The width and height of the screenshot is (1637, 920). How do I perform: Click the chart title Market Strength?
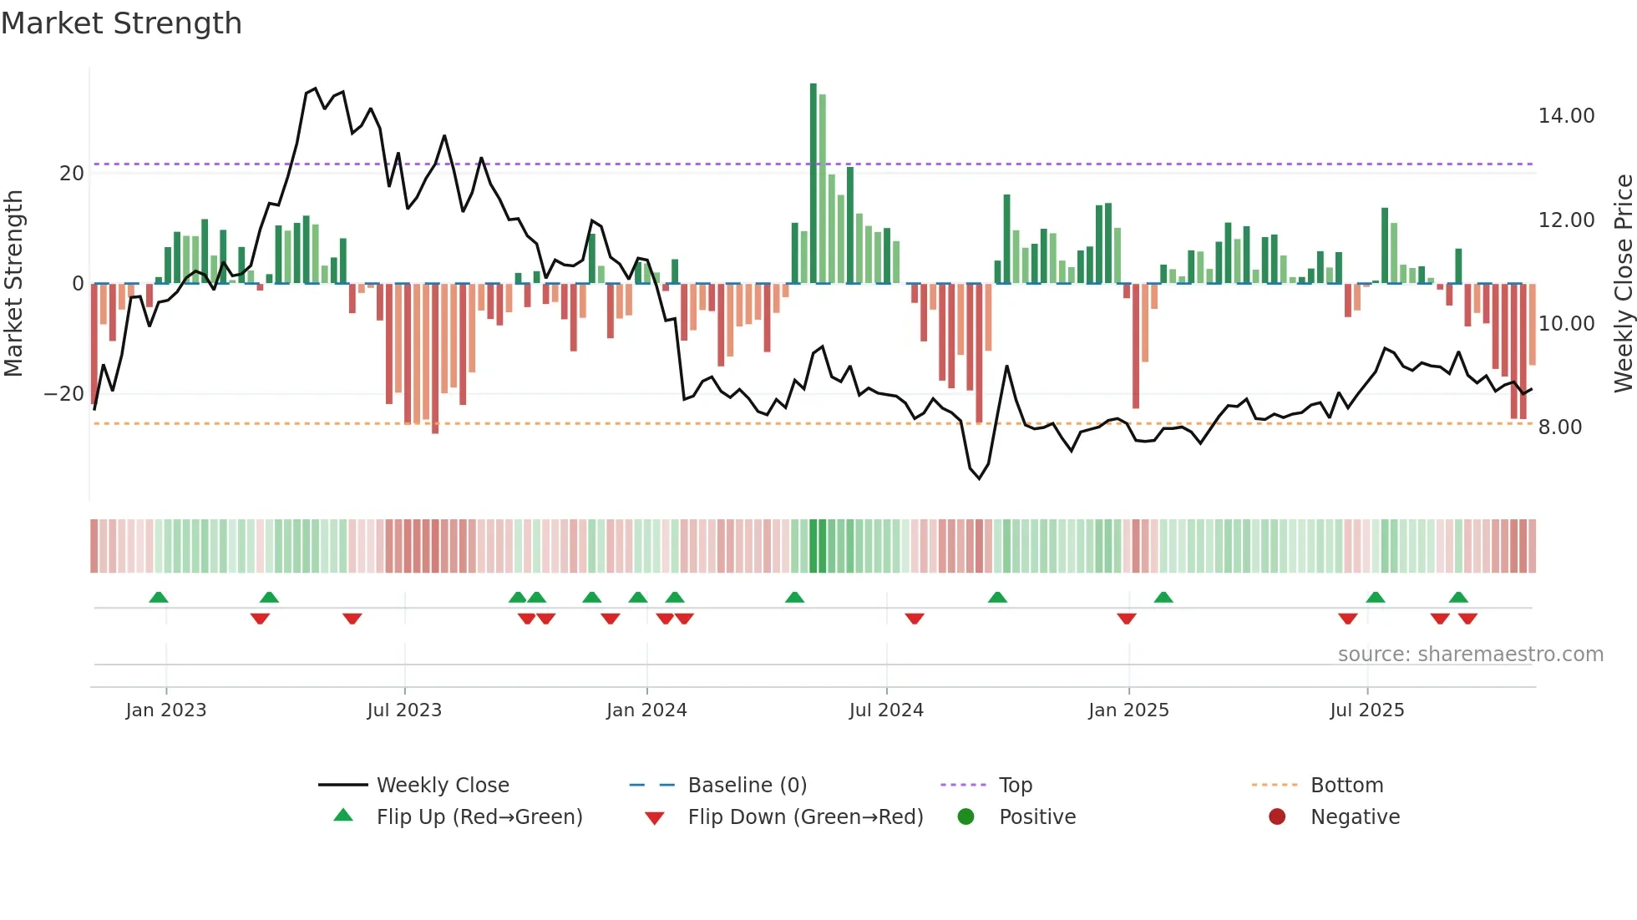[121, 23]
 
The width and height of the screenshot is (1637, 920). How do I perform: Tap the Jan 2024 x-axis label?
[646, 710]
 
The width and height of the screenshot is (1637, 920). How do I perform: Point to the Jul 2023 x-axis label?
[404, 710]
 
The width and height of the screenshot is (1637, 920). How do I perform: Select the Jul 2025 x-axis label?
[1367, 710]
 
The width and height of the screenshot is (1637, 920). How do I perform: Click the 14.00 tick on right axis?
[1566, 116]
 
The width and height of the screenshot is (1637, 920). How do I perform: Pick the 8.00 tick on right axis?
[1559, 427]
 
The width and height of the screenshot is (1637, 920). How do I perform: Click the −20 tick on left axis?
[64, 394]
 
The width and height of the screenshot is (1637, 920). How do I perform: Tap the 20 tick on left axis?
[72, 174]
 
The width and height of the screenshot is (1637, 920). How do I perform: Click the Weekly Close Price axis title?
[1623, 284]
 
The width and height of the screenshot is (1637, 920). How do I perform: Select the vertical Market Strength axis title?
[13, 284]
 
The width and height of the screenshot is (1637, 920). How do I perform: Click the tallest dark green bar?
[813, 184]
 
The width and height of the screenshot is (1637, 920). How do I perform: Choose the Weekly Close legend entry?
[442, 786]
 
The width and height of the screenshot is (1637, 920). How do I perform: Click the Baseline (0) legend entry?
[747, 786]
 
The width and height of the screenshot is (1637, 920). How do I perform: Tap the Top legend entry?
[1015, 786]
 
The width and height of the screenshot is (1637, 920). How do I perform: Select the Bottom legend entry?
[1346, 786]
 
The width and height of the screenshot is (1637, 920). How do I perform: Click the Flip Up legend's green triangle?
[343, 816]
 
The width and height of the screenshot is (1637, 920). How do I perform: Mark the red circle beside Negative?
[1277, 816]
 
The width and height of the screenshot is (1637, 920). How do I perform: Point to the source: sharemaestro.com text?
[1470, 655]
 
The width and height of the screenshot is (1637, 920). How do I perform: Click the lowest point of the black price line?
[980, 478]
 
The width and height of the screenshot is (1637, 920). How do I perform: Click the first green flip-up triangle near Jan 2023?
[159, 597]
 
